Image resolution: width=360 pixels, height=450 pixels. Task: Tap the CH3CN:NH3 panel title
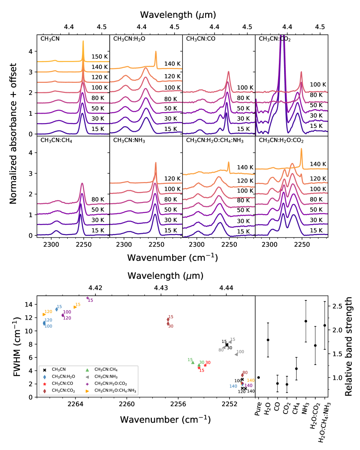(129, 140)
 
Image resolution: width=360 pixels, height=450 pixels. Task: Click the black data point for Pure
(259, 378)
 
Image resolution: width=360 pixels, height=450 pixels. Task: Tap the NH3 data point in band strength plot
(306, 321)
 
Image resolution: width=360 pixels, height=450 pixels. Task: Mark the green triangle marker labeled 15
(193, 362)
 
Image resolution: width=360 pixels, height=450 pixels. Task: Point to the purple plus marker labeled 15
(88, 298)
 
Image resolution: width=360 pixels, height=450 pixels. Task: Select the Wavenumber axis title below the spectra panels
(173, 258)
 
